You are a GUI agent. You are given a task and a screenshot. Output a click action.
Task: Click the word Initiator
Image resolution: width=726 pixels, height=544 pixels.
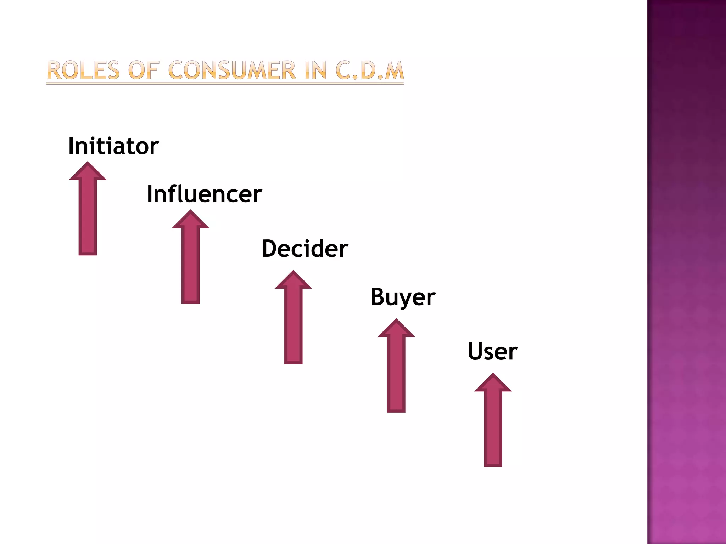point(113,146)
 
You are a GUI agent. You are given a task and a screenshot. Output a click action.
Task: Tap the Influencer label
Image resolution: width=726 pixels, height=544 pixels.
point(204,194)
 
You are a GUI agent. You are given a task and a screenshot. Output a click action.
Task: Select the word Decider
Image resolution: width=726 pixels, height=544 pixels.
point(305,249)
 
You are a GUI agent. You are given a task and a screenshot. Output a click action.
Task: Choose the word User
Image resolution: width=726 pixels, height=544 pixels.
point(492,351)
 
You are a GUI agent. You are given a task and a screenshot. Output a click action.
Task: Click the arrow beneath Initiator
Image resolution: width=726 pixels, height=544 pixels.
point(88,212)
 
